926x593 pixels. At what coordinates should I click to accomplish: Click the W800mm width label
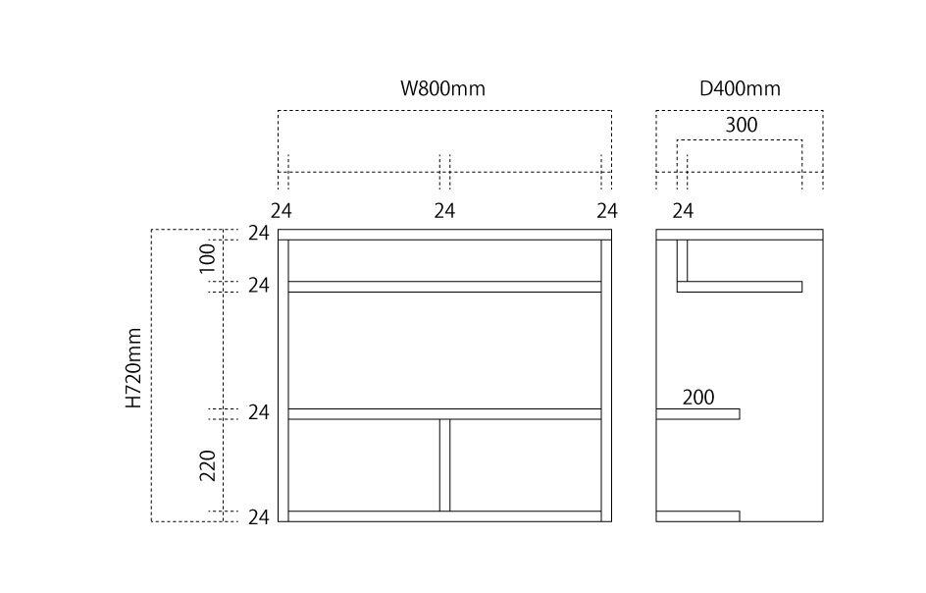tap(442, 88)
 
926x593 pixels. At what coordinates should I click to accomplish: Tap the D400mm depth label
tap(740, 88)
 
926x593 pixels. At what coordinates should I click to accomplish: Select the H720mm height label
tap(134, 368)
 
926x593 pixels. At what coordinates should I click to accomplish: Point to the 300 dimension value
tap(741, 125)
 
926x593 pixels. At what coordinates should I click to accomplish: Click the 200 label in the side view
tap(698, 398)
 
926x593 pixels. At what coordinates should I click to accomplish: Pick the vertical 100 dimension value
tap(207, 259)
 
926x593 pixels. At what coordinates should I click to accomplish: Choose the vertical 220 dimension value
tap(207, 465)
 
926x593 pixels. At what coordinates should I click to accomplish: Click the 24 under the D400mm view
tap(683, 211)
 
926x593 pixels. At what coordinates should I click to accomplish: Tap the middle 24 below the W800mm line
tap(444, 211)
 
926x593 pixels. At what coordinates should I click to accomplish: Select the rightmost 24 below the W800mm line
tap(607, 211)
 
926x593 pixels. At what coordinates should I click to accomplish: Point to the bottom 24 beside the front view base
tap(258, 517)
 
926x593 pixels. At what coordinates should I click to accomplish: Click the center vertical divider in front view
tap(444, 465)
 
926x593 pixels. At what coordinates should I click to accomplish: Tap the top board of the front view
tap(444, 235)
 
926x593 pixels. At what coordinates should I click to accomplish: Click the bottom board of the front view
tap(444, 516)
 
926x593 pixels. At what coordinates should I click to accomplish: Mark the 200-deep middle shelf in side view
tap(697, 414)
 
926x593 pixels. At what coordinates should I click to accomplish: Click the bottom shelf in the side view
tap(697, 516)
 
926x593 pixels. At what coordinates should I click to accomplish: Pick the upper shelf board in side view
tap(741, 287)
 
